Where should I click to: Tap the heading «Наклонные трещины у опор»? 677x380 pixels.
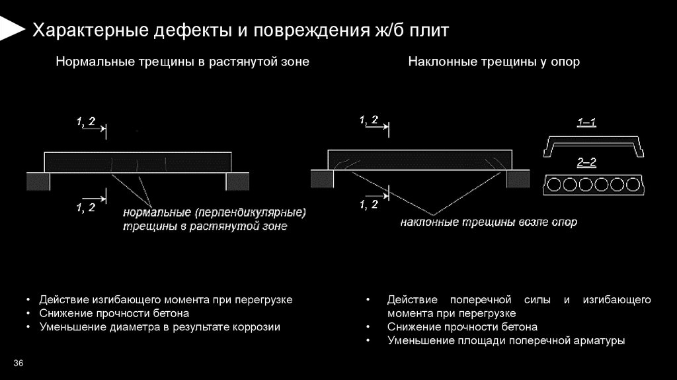[494, 62]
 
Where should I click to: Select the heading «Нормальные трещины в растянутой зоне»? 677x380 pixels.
[182, 62]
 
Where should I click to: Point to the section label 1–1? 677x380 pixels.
[586, 122]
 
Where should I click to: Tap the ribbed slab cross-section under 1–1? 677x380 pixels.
[593, 145]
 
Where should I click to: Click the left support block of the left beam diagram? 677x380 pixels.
[38, 181]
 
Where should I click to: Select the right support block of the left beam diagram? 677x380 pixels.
[238, 181]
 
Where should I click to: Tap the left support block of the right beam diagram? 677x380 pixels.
[323, 179]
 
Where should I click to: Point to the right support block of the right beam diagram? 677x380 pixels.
[518, 179]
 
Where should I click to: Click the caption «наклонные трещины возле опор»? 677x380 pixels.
[489, 222]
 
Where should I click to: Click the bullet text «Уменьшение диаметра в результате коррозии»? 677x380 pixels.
[160, 327]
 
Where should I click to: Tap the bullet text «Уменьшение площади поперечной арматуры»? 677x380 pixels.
[506, 341]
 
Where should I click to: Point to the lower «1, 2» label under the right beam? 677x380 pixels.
[369, 204]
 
